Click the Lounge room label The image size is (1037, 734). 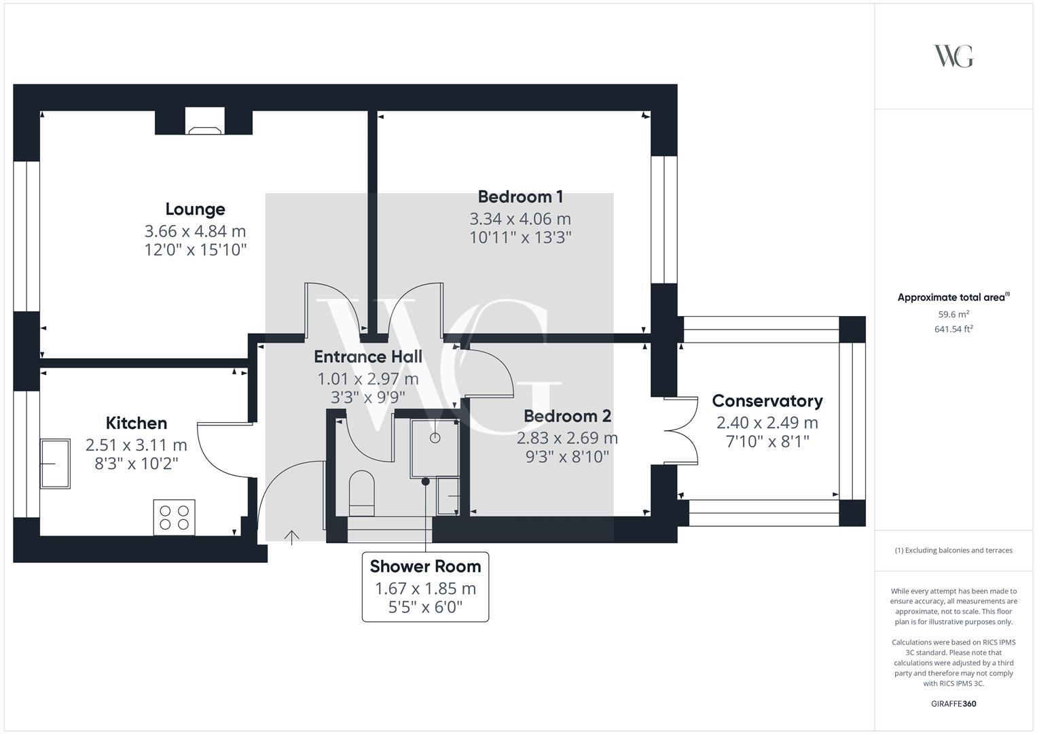195,209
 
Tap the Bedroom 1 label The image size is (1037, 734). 520,197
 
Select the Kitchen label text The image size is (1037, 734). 137,423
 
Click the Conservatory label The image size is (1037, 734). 767,401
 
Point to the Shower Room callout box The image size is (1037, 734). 425,587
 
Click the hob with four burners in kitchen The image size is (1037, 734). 175,517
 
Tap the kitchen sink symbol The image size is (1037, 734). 54,464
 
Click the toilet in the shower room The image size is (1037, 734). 362,493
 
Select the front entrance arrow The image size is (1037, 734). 291,538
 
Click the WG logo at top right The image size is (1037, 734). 953,56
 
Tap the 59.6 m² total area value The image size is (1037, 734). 953,314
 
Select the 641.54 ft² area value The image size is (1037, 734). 953,330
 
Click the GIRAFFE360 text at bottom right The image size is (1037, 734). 953,703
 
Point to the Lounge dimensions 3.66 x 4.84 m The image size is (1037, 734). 195,232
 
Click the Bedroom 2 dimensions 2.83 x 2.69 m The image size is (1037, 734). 568,438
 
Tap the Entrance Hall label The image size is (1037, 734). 368,357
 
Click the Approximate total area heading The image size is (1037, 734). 953,298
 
